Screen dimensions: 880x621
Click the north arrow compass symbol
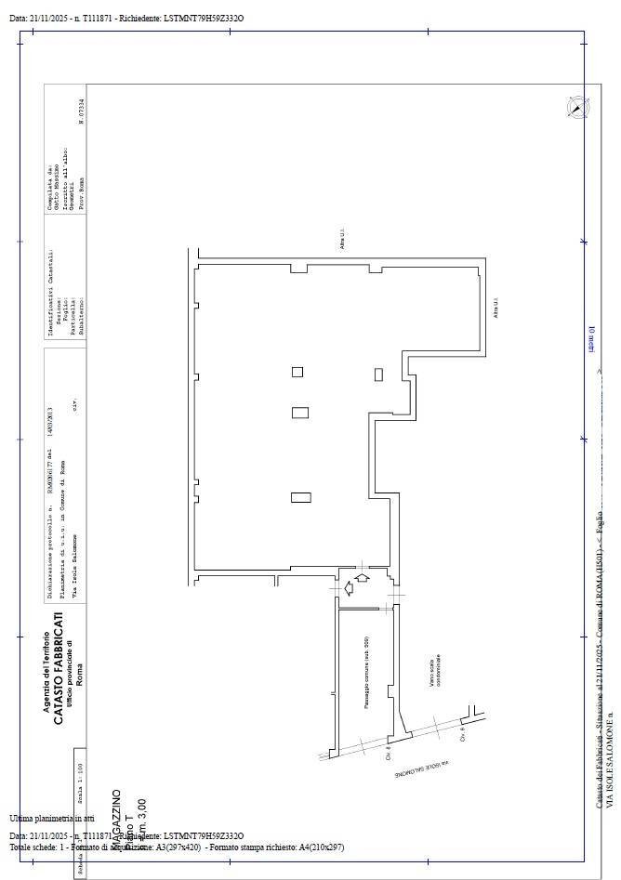[576, 108]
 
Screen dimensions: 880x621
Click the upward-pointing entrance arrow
[363, 577]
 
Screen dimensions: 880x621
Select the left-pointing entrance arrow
[349, 587]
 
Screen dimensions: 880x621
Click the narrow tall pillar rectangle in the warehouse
[378, 374]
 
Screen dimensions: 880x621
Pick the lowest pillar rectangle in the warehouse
[299, 497]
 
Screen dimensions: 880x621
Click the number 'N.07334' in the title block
[81, 112]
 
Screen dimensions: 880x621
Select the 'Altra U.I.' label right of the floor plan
[496, 308]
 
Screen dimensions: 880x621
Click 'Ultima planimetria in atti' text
[52, 818]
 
